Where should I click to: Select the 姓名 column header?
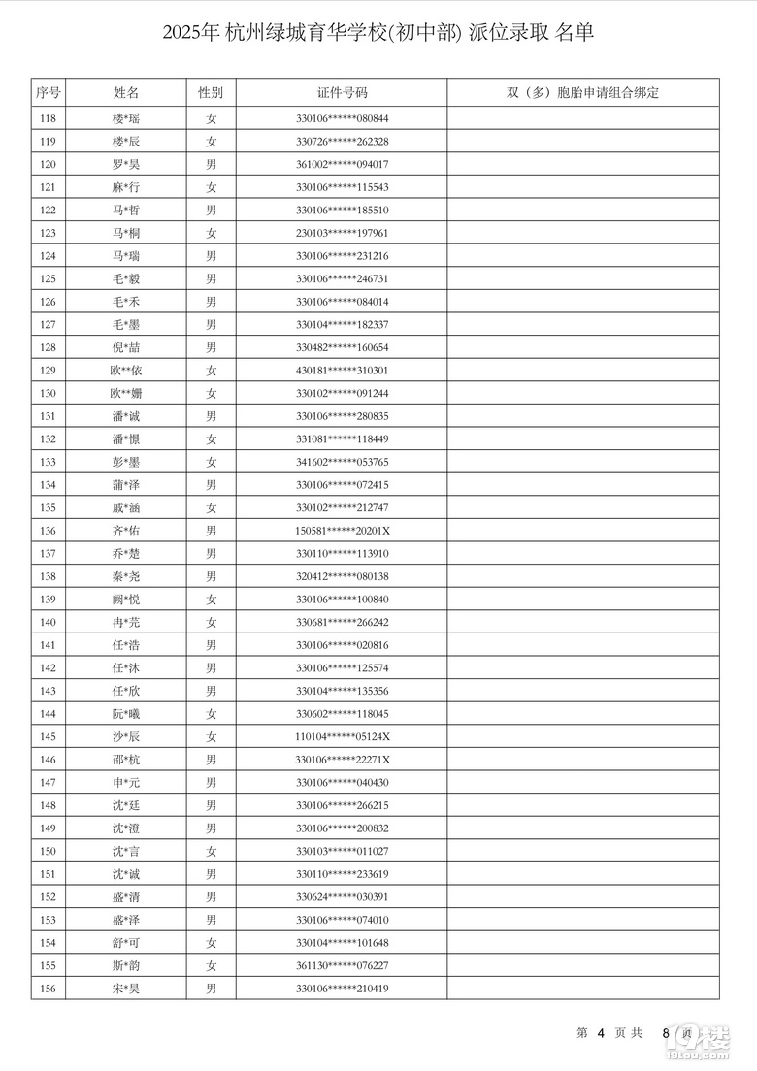pyautogui.click(x=126, y=93)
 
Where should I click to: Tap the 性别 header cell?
pyautogui.click(x=211, y=93)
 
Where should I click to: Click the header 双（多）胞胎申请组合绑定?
pyautogui.click(x=582, y=93)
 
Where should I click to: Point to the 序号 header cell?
pyautogui.click(x=48, y=93)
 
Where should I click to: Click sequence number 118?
pyautogui.click(x=48, y=118)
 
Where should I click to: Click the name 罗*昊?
pyautogui.click(x=126, y=164)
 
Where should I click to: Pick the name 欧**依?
pyautogui.click(x=126, y=371)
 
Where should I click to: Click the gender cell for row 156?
pyautogui.click(x=211, y=989)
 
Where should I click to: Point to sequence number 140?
pyautogui.click(x=48, y=622)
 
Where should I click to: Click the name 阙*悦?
pyautogui.click(x=126, y=600)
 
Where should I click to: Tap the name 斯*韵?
pyautogui.click(x=126, y=966)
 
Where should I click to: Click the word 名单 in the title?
pyautogui.click(x=575, y=33)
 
